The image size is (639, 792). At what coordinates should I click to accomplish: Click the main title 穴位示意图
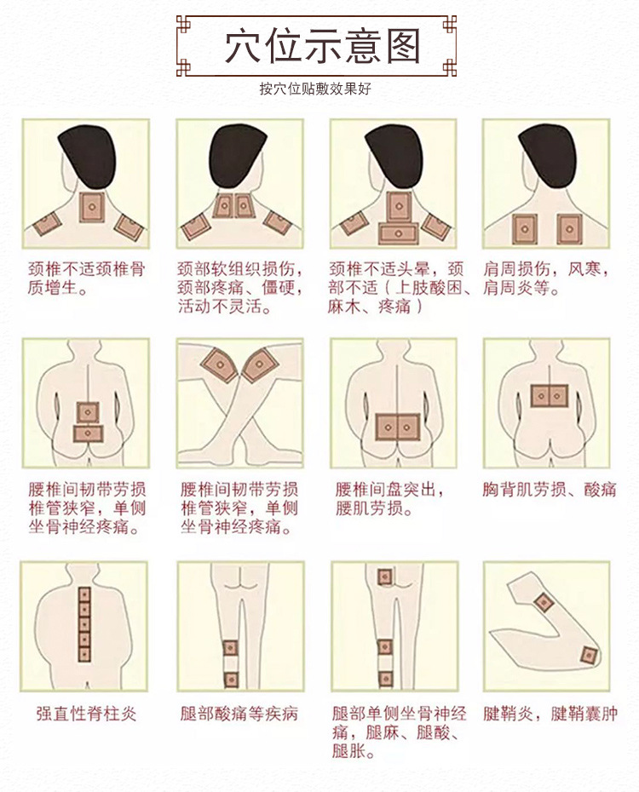point(322,47)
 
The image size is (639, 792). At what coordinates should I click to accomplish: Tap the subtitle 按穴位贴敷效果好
point(316,89)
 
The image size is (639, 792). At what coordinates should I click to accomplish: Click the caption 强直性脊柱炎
point(86,714)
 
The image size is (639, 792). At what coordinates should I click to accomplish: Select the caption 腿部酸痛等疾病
point(239,714)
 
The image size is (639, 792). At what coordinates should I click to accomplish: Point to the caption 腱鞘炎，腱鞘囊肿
point(550,714)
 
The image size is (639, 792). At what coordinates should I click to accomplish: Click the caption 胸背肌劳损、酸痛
point(549,489)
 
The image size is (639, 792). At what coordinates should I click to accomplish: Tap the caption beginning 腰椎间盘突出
point(389,498)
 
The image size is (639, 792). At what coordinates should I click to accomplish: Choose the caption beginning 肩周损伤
point(546,278)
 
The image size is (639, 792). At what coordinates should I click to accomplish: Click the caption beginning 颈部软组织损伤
point(240,287)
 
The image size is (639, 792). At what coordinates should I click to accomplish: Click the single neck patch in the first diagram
point(92,207)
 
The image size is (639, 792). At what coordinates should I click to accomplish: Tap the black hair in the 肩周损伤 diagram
point(548,154)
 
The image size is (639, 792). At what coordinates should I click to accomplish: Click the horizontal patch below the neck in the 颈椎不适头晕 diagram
point(399,233)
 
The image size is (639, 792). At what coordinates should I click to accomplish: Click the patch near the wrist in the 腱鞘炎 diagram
point(544,602)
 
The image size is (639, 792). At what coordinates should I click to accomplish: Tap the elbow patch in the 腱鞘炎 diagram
point(589,656)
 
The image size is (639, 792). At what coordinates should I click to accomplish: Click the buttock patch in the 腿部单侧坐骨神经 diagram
point(385,577)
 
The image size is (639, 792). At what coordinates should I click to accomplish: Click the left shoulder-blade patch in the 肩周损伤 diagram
point(525,229)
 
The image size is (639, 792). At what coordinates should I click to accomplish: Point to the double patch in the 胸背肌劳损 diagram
point(550,396)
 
